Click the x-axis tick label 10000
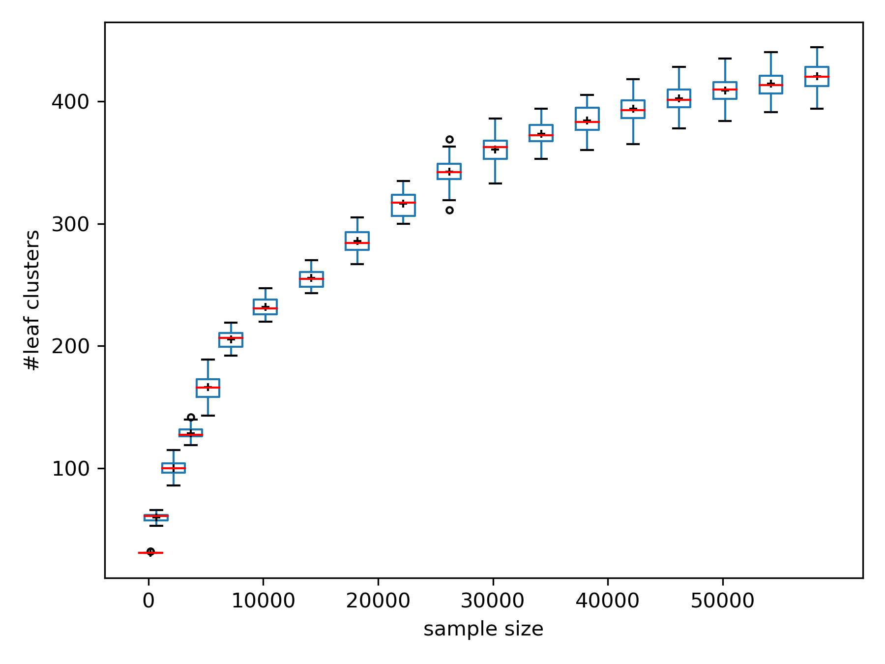coord(263,601)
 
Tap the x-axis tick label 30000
coord(493,601)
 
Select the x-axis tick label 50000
coord(722,601)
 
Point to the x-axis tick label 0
coord(148,601)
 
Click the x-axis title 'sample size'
coord(483,629)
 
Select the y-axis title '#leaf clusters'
coord(33,300)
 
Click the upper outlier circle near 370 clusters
coord(449,140)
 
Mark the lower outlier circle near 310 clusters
coord(449,210)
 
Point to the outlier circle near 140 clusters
coord(191,418)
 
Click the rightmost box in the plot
coord(817,76)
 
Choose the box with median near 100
coord(174,468)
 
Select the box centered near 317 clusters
coord(403,205)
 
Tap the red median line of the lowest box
coord(150,553)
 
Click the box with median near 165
coord(208,388)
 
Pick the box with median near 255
coord(311,279)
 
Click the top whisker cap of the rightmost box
coord(817,47)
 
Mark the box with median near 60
coord(156,517)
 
